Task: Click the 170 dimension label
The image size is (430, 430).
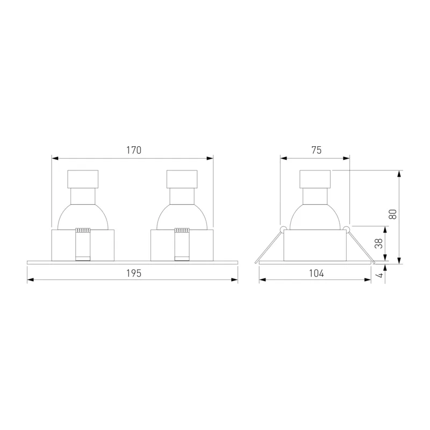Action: point(133,150)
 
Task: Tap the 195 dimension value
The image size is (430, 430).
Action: point(133,273)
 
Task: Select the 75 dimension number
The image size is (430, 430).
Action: point(316,150)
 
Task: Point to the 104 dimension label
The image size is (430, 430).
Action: point(316,273)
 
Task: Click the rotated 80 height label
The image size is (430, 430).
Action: point(393,214)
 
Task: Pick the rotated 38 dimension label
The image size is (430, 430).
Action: point(378,243)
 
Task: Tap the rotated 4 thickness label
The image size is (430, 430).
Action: point(380,275)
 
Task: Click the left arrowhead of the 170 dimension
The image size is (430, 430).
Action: point(55,158)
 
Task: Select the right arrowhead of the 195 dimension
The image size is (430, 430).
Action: point(234,279)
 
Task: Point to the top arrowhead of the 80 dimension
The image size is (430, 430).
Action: point(399,174)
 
